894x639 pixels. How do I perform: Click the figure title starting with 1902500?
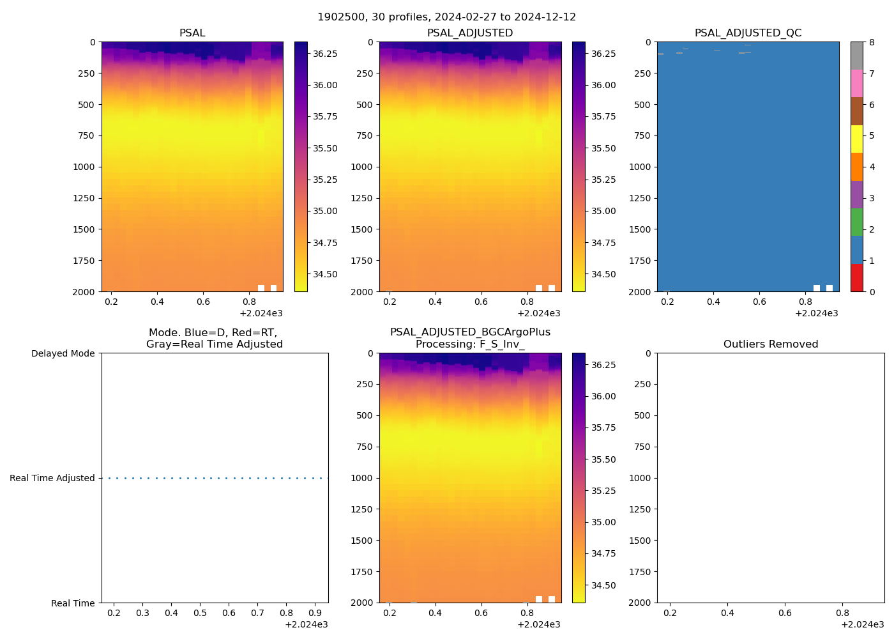pyautogui.click(x=446, y=17)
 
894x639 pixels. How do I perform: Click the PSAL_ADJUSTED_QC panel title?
pyautogui.click(x=748, y=33)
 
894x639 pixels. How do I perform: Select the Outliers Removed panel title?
pyautogui.click(x=770, y=344)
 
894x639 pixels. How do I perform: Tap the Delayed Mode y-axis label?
pyautogui.click(x=63, y=353)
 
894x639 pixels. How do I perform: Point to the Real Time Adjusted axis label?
pyautogui.click(x=52, y=478)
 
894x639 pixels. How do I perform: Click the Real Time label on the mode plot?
pyautogui.click(x=73, y=603)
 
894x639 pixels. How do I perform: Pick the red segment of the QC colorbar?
pyautogui.click(x=856, y=278)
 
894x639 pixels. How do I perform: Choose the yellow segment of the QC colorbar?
pyautogui.click(x=856, y=139)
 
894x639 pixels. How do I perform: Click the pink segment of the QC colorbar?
pyautogui.click(x=856, y=83)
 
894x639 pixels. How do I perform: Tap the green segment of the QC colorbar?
pyautogui.click(x=856, y=222)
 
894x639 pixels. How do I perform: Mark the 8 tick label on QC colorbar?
pyautogui.click(x=872, y=42)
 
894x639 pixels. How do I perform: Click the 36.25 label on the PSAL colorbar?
pyautogui.click(x=325, y=54)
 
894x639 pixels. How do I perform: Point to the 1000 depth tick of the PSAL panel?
pyautogui.click(x=84, y=167)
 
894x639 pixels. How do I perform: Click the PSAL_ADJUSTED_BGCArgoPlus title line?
pyautogui.click(x=470, y=332)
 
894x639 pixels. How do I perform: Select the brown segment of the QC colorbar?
pyautogui.click(x=856, y=111)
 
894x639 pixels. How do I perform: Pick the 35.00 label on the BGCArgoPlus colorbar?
pyautogui.click(x=603, y=522)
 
